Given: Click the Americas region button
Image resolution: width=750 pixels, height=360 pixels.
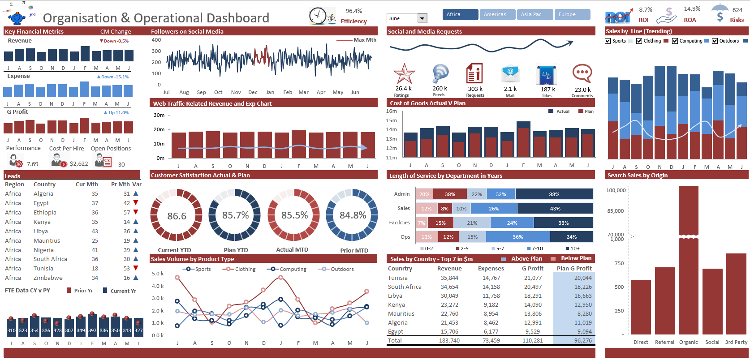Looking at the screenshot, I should [497, 14].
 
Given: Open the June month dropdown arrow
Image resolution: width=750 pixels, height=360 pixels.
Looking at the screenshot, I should [422, 18].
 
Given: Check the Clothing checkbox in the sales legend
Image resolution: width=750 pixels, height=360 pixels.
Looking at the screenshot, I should [639, 41].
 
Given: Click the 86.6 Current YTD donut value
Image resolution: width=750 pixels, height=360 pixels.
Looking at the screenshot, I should [177, 216].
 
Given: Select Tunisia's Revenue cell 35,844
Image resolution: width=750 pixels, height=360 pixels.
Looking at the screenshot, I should [449, 278].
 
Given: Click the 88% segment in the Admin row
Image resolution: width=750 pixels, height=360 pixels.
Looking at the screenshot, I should [554, 194].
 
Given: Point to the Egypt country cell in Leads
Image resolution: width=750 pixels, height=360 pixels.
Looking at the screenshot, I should [41, 203].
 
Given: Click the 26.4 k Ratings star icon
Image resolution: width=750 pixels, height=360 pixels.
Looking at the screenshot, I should [404, 74].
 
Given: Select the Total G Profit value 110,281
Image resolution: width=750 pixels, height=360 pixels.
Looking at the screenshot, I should [533, 340].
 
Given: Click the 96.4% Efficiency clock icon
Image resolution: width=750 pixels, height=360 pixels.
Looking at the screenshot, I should [318, 16].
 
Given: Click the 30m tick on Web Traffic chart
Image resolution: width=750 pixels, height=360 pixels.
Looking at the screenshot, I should [159, 115].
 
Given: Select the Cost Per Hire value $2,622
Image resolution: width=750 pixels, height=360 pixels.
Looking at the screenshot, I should [79, 164].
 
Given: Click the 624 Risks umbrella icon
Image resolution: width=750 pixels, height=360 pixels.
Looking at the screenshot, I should [720, 13].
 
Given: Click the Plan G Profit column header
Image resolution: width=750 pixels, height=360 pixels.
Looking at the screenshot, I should [574, 268].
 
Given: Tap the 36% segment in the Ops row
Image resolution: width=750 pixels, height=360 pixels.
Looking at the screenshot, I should [517, 237].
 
